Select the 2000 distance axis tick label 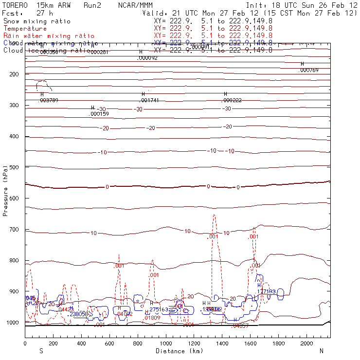click(307, 343)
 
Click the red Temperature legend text click(25, 29)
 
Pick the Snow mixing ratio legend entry click(36, 21)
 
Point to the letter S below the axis click(41, 351)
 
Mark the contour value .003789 click(49, 100)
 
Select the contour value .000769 click(308, 71)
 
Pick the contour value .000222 click(232, 100)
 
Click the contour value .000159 click(99, 114)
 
